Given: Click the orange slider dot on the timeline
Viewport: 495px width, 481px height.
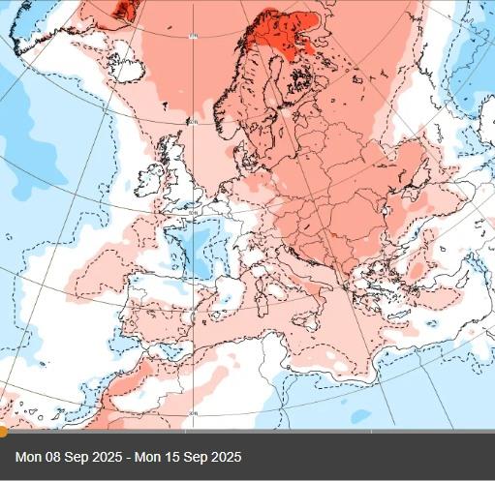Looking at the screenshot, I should click(x=3, y=431).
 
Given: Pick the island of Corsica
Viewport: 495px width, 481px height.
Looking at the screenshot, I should click(x=251, y=264).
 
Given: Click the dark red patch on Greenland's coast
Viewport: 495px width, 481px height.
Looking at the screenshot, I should click(x=123, y=9).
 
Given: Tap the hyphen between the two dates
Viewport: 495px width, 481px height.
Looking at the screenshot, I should click(x=128, y=457).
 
